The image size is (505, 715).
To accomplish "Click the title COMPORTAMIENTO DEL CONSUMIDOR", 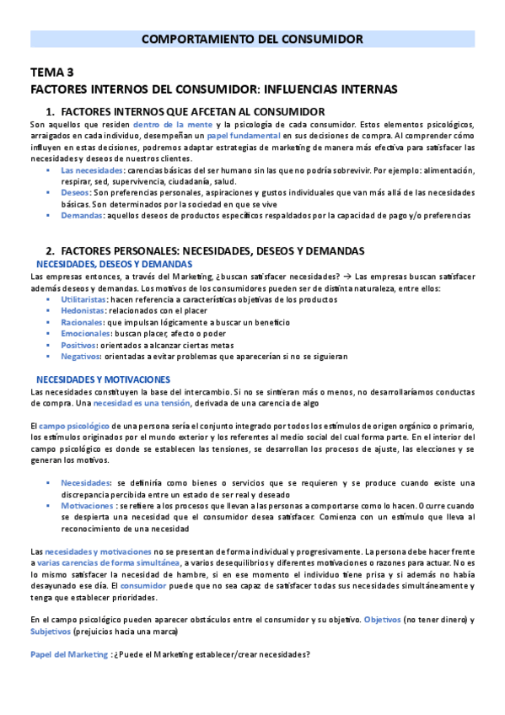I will (252, 39).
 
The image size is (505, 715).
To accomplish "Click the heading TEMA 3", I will (52, 73).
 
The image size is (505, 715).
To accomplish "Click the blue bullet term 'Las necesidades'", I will (92, 169).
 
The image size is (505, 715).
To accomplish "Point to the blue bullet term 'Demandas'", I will (81, 215).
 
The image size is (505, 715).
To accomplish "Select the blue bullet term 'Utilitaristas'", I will (84, 300).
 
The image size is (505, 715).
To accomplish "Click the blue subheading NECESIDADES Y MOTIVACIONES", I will (103, 379).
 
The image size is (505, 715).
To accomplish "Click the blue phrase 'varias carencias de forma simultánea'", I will (108, 562).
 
